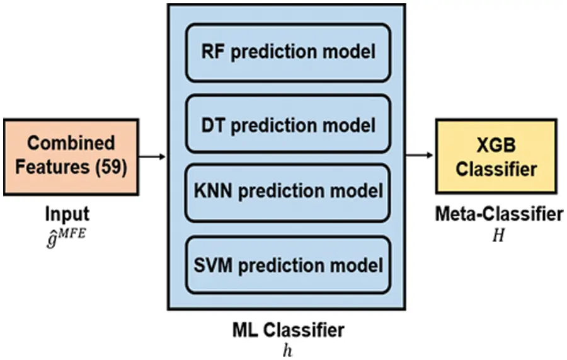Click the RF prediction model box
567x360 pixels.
[288, 52]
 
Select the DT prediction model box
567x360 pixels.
[288, 124]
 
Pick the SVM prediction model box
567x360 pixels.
[288, 264]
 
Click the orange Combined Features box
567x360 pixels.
[72, 155]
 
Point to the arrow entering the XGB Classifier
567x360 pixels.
[420, 155]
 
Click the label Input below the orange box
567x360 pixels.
[67, 214]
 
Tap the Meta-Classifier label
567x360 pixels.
[498, 214]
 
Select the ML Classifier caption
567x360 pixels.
[287, 330]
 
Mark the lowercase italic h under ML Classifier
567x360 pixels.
[287, 349]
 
